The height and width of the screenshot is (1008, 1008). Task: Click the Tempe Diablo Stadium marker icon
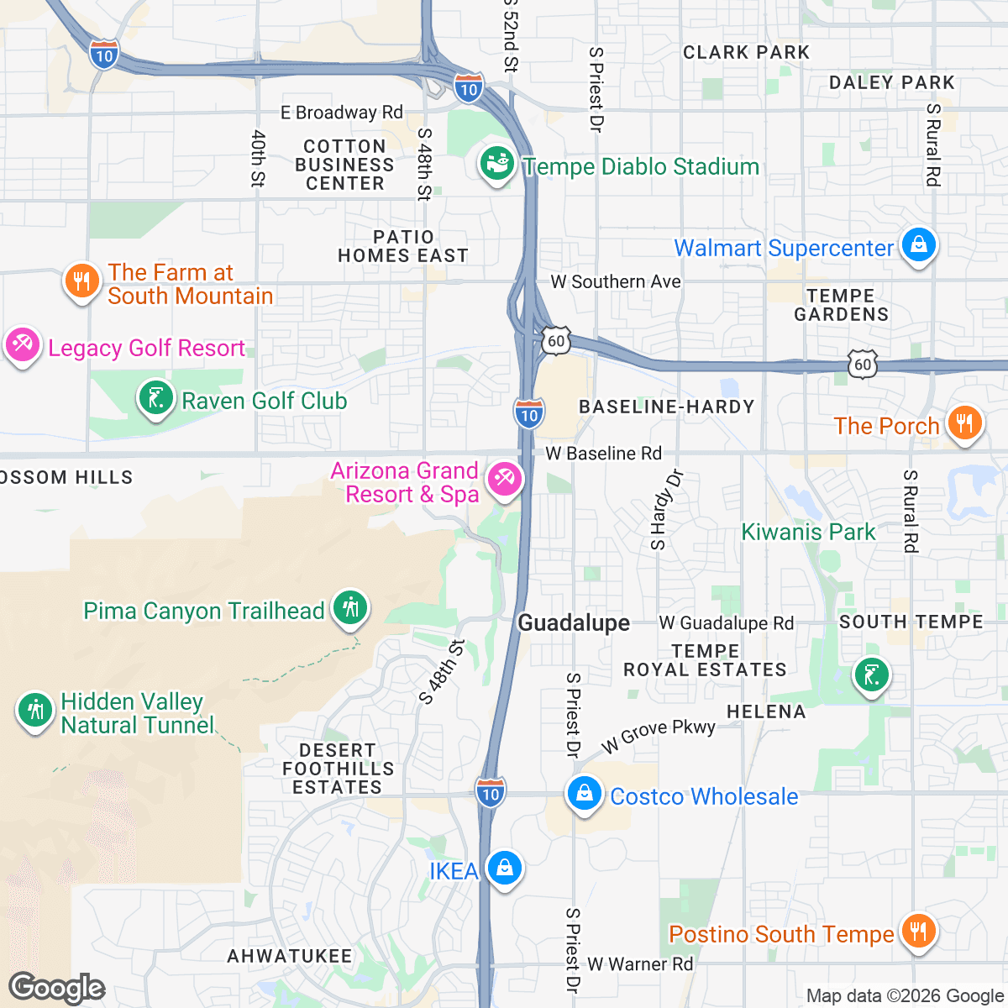point(496,165)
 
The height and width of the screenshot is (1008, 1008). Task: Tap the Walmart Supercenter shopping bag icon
point(918,246)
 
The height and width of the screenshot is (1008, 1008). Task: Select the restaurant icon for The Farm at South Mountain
point(81,282)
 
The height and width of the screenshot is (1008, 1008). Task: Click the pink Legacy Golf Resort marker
point(22,345)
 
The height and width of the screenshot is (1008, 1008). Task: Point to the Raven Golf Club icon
point(155,399)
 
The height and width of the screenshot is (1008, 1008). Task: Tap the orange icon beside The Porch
point(964,424)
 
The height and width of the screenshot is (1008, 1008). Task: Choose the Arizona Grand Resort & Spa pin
point(505,480)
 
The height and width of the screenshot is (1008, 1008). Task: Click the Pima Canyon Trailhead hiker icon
point(350,608)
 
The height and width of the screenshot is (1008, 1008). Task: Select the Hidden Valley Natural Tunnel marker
point(34,711)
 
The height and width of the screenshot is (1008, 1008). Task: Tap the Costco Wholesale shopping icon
point(584,794)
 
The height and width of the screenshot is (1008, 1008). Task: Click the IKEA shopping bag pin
point(504,869)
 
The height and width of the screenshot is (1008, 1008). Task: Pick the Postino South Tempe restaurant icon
point(918,932)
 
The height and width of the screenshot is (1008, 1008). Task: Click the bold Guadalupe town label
point(574,622)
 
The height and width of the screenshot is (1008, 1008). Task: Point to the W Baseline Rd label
point(603,454)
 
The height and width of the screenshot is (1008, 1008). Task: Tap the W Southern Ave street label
point(615,281)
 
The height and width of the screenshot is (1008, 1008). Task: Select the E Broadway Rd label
point(341,113)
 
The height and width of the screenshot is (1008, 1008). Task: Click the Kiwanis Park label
point(808,532)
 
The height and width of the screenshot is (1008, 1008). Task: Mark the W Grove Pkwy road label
point(659,735)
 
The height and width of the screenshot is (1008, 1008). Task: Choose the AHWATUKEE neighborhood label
point(290,956)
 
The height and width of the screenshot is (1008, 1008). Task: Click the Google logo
point(56,989)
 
